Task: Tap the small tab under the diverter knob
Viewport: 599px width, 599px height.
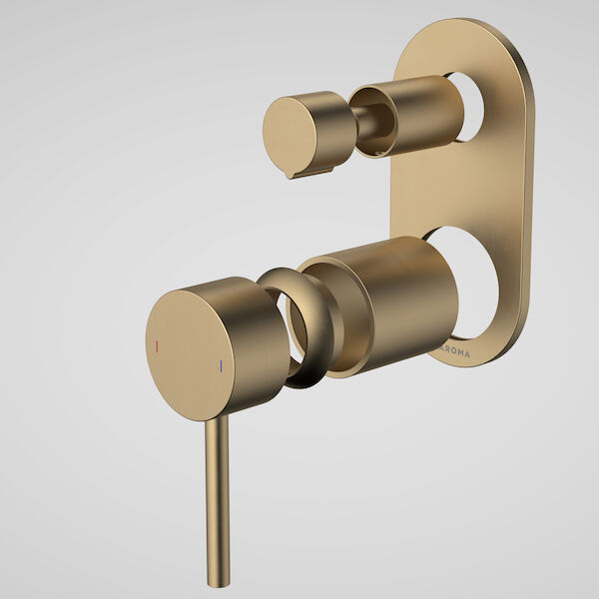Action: (296, 175)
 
